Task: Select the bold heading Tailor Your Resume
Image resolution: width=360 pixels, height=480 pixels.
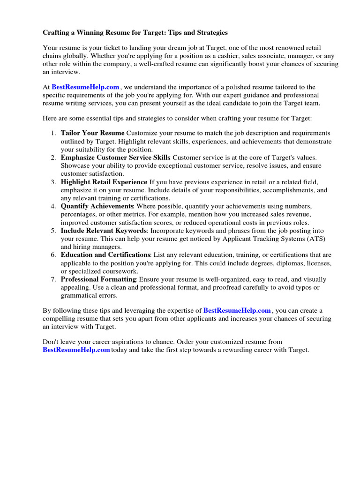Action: click(92, 133)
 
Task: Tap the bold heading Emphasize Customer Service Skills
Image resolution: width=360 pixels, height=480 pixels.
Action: click(116, 157)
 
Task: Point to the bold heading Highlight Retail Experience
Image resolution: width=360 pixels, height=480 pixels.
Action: click(104, 182)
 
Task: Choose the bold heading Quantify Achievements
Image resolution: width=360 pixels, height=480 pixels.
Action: click(97, 206)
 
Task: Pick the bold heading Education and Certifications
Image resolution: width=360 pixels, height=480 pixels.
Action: click(105, 255)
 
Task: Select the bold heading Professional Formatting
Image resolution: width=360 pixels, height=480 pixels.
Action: click(98, 279)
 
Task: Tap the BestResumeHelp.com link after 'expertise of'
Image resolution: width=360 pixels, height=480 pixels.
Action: click(237, 310)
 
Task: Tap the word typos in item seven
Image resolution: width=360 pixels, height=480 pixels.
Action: click(305, 287)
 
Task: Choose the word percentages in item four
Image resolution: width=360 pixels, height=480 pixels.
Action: click(78, 214)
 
